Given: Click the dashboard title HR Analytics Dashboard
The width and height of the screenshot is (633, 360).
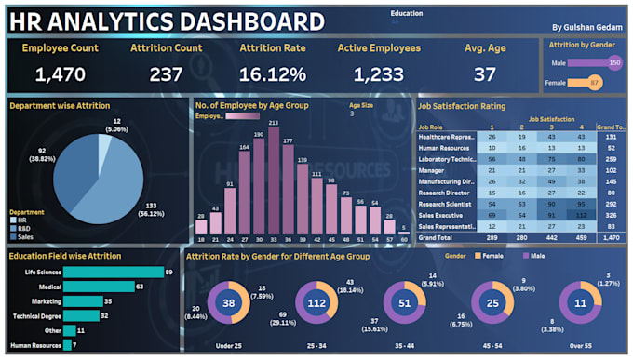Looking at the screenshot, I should [x=168, y=20].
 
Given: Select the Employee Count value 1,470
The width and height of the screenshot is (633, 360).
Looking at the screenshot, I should [x=61, y=74].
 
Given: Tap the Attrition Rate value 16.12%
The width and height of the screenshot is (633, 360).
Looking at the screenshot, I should [x=274, y=74].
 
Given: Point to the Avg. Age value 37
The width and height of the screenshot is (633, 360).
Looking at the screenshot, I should [x=484, y=74].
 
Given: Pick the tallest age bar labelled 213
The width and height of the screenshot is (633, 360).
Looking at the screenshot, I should [x=274, y=181].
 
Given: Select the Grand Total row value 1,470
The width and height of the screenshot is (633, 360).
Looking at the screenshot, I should [x=611, y=238].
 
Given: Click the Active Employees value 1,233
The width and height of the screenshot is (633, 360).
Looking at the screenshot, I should [x=379, y=74].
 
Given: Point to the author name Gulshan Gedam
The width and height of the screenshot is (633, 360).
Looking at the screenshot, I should [x=588, y=28].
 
